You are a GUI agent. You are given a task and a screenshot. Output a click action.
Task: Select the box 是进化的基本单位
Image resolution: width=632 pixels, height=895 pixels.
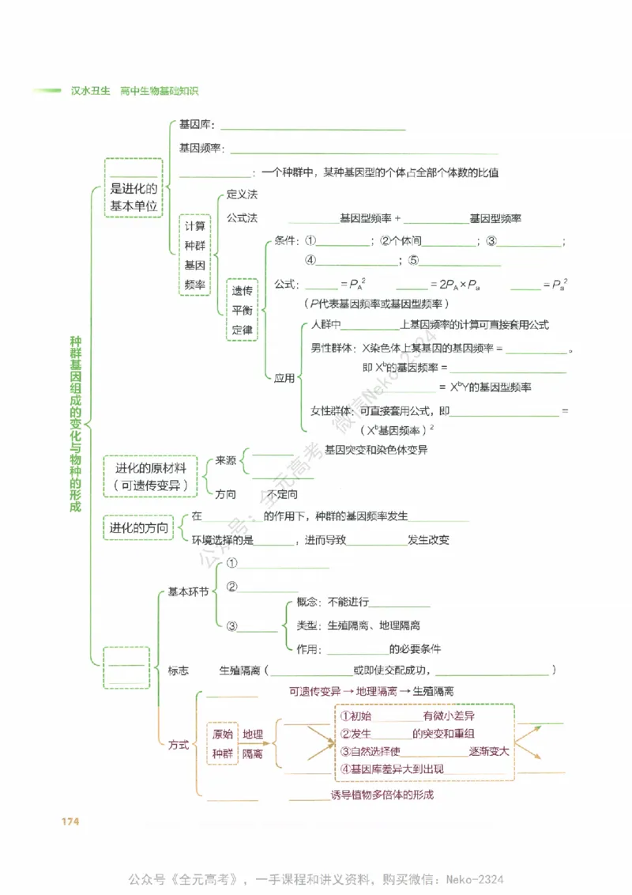(x=134, y=188)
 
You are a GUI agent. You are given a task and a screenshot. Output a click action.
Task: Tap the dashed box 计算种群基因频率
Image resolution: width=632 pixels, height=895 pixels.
(x=195, y=255)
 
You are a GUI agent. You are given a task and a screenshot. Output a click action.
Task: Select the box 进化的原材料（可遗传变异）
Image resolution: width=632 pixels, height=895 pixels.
(x=152, y=476)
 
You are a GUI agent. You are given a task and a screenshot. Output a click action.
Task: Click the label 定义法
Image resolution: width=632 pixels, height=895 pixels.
(x=242, y=194)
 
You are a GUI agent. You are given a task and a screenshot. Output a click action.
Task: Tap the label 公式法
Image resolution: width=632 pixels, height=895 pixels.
(x=242, y=217)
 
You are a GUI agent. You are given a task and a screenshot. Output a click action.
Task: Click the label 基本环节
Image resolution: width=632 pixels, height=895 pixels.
(x=188, y=591)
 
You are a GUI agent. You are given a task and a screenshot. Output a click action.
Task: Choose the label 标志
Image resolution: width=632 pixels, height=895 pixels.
(x=179, y=670)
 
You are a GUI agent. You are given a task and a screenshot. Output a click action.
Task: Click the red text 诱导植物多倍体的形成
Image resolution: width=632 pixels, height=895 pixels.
(x=382, y=795)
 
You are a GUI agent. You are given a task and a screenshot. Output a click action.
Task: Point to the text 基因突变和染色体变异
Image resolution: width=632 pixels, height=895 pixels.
(x=376, y=450)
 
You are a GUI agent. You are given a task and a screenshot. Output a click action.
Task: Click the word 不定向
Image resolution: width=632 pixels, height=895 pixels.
(x=282, y=494)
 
